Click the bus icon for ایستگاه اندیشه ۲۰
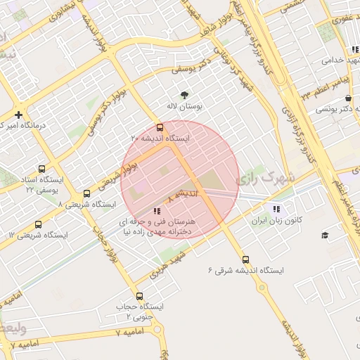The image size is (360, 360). (x=160, y=128)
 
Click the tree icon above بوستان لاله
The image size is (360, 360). (x=184, y=95)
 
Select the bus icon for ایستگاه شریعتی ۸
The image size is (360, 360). (x=86, y=193)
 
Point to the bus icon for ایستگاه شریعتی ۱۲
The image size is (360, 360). (x=37, y=225)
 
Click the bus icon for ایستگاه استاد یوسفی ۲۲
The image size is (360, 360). (x=41, y=169)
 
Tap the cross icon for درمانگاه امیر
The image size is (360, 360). (x=18, y=115)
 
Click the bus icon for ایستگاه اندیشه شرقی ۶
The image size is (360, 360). (x=245, y=259)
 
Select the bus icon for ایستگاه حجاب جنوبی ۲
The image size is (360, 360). (x=139, y=296)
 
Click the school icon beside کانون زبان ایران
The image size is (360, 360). (x=276, y=209)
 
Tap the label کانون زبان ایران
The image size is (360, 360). (x=277, y=221)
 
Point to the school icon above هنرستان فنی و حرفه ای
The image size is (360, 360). (x=156, y=210)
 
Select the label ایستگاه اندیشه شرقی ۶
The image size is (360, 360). (x=245, y=271)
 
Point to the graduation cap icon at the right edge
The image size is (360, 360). (x=325, y=235)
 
